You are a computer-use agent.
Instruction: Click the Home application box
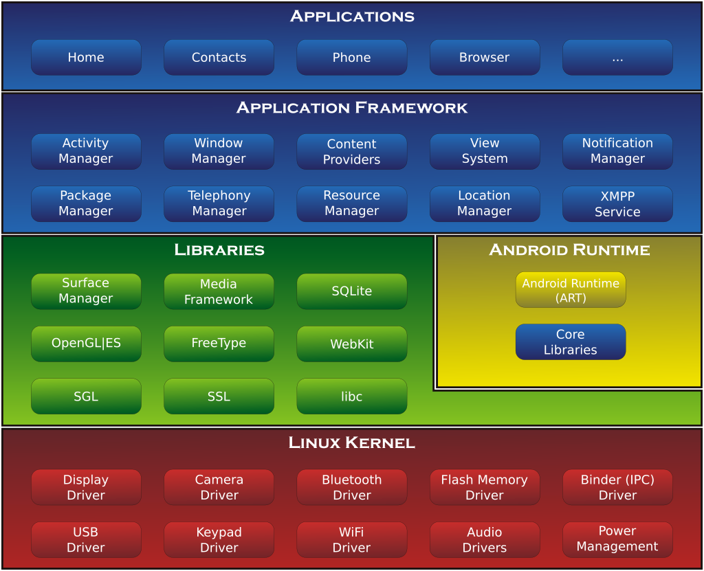click(x=86, y=58)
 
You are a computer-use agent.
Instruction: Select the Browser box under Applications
click(x=485, y=58)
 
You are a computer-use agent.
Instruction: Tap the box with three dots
click(x=617, y=58)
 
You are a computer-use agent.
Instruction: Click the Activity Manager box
click(x=86, y=151)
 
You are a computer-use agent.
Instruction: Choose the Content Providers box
click(x=352, y=151)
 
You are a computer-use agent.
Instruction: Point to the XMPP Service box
click(x=617, y=204)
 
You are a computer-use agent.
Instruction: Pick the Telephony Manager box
click(x=219, y=204)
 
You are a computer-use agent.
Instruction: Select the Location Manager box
click(x=485, y=204)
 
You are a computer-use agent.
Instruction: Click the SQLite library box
click(x=352, y=291)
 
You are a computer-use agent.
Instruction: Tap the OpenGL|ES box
click(x=86, y=344)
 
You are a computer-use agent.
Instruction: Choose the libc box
click(x=352, y=396)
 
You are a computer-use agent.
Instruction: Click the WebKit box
click(x=352, y=344)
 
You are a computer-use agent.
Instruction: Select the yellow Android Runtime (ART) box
click(x=571, y=290)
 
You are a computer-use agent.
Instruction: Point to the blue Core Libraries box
click(x=571, y=342)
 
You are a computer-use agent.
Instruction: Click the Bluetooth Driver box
click(x=352, y=487)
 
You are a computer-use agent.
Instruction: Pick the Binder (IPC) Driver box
click(x=617, y=487)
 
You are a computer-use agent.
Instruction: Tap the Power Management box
click(x=617, y=539)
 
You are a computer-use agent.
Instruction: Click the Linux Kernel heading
click(x=352, y=443)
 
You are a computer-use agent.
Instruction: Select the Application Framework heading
click(x=352, y=108)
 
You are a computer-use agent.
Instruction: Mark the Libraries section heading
click(x=219, y=250)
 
